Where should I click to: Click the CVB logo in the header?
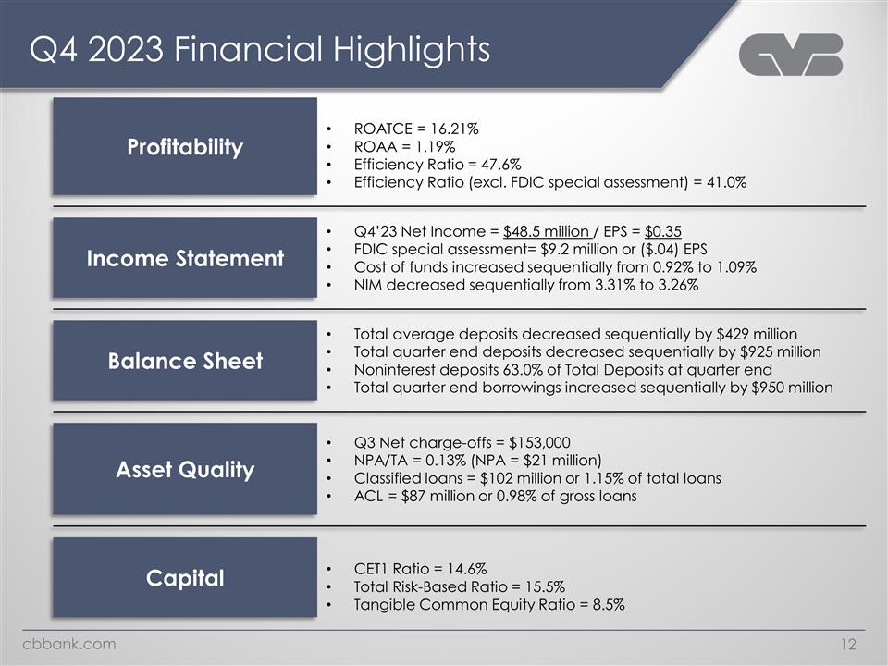coord(791,55)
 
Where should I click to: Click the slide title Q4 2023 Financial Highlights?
coord(259,50)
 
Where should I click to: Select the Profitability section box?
coord(185,146)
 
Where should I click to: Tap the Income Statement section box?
coord(185,258)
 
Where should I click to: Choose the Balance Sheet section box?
coord(185,361)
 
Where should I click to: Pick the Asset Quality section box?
coord(185,469)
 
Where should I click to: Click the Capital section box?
coord(185,578)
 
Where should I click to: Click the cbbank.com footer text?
coord(70,644)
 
